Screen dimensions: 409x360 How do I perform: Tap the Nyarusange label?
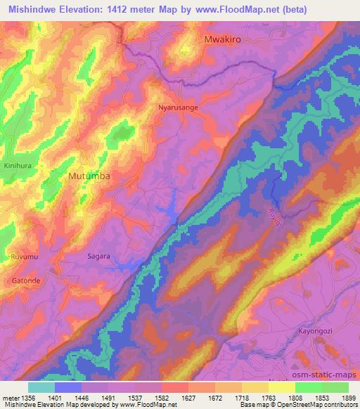point(177,108)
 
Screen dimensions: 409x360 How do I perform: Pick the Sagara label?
point(98,257)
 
